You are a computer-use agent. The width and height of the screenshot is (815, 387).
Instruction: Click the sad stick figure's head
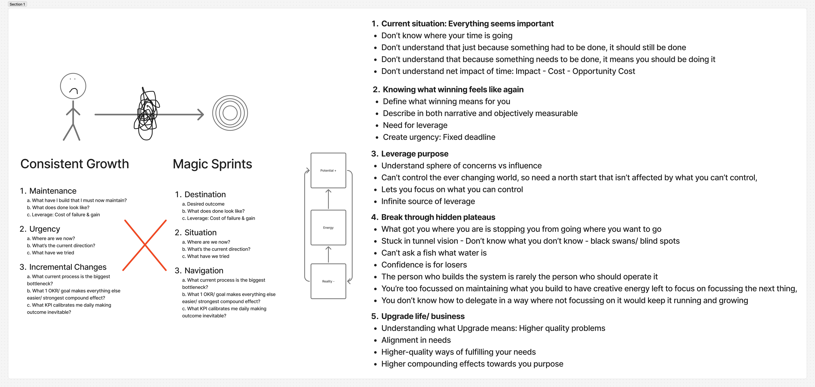(73, 86)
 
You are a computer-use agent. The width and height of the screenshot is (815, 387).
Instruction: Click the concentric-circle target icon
(230, 113)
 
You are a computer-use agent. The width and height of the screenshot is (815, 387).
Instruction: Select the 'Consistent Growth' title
(75, 164)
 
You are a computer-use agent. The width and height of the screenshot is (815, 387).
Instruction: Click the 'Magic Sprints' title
(212, 164)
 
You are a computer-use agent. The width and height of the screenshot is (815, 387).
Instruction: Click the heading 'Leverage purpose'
(414, 154)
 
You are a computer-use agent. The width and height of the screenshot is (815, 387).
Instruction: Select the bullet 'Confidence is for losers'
(424, 265)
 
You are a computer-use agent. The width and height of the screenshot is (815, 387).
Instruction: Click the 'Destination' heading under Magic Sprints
(205, 194)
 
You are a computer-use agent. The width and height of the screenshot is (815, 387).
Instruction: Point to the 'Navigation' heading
(204, 271)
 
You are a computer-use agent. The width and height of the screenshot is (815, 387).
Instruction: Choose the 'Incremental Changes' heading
(68, 267)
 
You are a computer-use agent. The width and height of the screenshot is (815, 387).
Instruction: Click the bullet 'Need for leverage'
(415, 125)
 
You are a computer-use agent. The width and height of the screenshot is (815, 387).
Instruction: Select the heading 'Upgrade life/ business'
(423, 316)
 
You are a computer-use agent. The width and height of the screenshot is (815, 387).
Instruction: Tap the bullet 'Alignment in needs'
(416, 340)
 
